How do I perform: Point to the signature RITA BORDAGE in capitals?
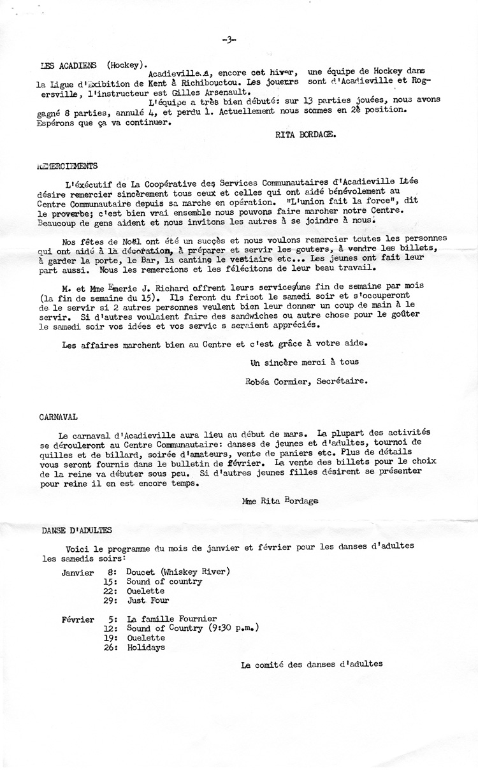pos(303,134)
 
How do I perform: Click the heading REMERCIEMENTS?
pos(68,166)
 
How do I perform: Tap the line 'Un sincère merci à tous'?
pos(305,362)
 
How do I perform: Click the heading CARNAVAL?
pos(58,417)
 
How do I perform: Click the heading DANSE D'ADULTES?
pos(76,530)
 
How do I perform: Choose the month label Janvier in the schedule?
pos(78,572)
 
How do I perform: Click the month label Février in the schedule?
pos(78,619)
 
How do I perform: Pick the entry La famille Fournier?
pos(171,619)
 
